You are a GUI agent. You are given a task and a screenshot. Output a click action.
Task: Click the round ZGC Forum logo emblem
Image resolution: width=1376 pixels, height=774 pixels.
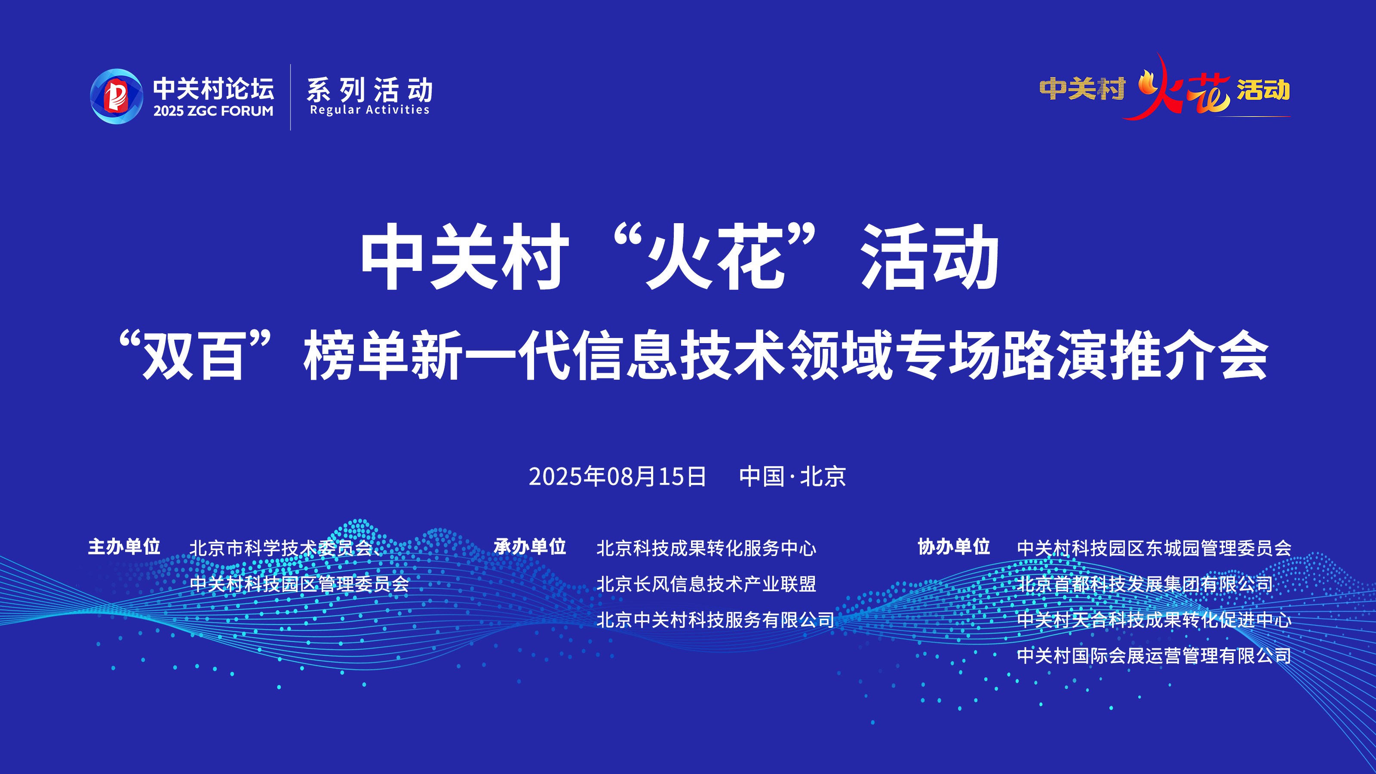(117, 97)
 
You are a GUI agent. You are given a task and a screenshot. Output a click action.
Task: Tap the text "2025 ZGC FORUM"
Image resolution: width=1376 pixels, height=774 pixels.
(213, 111)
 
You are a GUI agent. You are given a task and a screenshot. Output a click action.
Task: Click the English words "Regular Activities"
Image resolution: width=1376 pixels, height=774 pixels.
(370, 110)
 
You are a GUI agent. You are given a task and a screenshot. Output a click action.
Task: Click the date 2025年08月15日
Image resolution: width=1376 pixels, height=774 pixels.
(617, 476)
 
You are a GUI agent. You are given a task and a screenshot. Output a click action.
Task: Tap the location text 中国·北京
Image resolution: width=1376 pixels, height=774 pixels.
(792, 476)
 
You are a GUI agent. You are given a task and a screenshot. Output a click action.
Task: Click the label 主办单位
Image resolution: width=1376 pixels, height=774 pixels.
(124, 547)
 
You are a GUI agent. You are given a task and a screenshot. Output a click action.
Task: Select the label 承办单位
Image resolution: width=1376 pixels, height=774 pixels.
(530, 547)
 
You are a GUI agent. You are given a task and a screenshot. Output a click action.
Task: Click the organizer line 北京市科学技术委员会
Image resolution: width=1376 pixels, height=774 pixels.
(281, 548)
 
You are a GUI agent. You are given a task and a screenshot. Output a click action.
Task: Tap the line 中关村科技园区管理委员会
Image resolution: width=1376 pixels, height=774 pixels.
(299, 584)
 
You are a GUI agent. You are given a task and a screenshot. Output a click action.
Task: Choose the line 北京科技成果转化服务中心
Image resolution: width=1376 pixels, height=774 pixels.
(706, 548)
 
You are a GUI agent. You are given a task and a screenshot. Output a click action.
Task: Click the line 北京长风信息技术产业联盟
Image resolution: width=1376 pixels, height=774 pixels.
(706, 584)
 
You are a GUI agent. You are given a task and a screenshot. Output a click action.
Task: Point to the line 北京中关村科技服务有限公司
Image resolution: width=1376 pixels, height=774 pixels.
(715, 620)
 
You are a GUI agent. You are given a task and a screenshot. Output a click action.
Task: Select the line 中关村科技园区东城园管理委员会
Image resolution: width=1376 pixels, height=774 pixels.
(1154, 548)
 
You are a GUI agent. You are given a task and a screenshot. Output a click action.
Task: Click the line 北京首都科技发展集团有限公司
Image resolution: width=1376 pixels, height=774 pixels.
(1145, 584)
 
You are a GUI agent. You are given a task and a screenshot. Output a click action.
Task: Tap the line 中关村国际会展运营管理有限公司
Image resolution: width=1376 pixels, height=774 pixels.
(1154, 655)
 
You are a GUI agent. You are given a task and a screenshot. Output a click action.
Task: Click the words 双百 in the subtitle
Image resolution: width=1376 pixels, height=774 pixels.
(194, 355)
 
